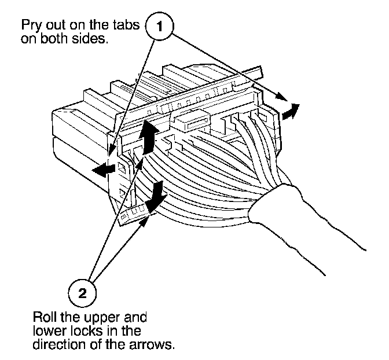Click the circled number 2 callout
click(x=83, y=292)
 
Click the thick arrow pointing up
click(x=149, y=134)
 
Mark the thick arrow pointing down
click(x=154, y=197)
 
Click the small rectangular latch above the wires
click(x=189, y=122)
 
